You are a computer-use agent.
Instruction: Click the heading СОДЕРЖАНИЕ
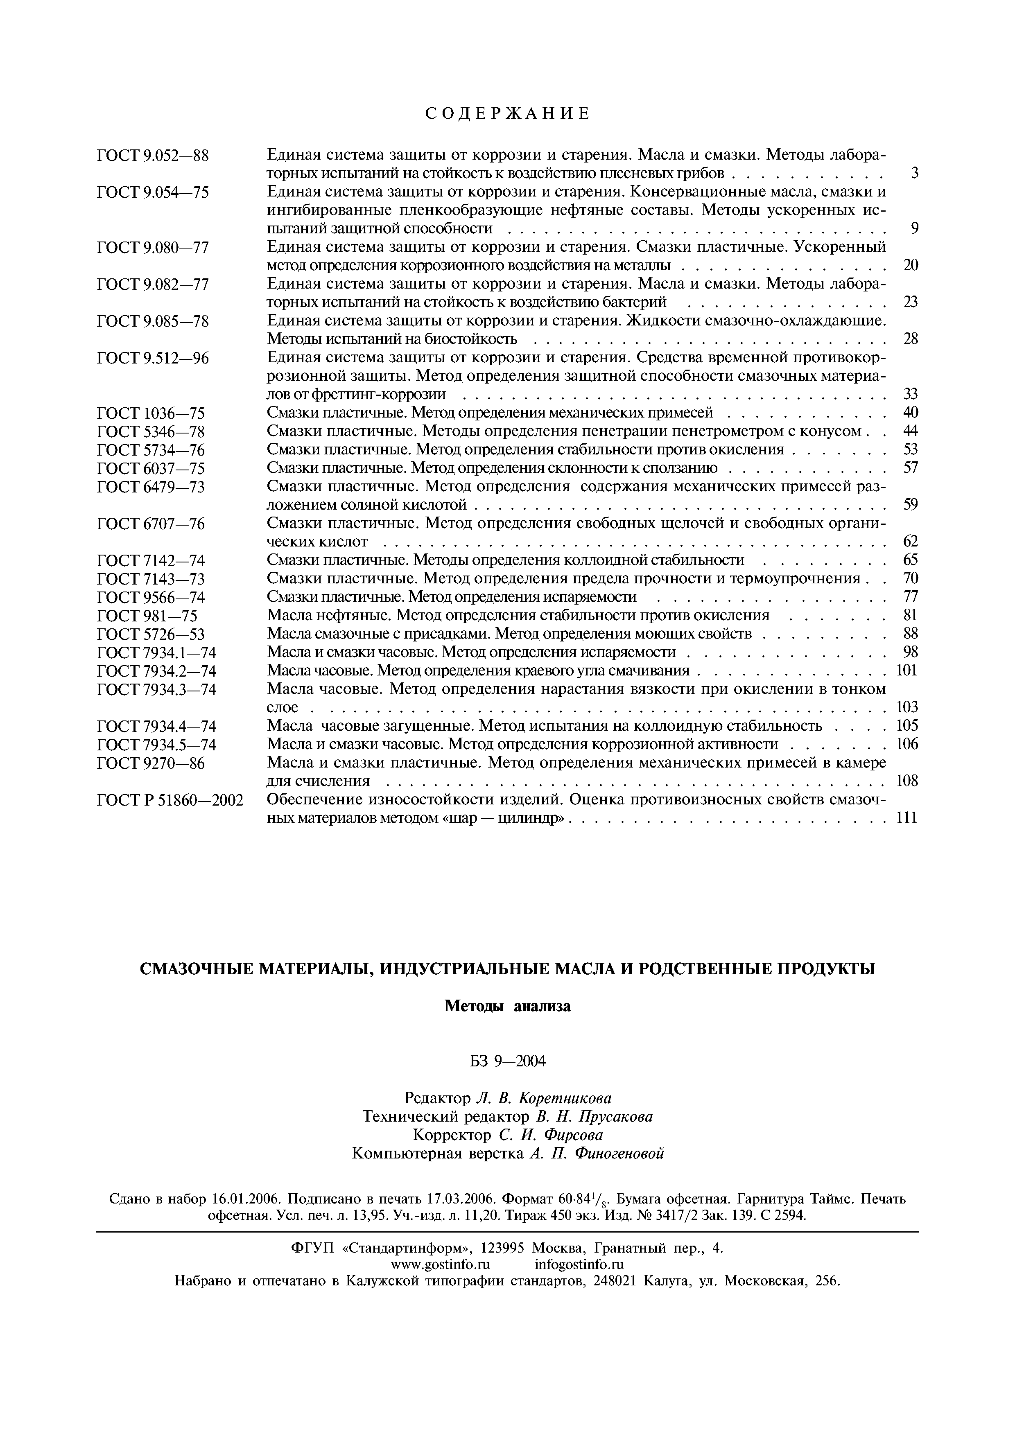click(x=507, y=113)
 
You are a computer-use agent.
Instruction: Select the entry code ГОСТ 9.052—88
click(x=153, y=155)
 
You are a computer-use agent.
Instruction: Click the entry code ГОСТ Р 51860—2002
click(x=170, y=800)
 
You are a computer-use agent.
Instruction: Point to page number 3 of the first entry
click(x=914, y=173)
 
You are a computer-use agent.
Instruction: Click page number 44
click(x=911, y=431)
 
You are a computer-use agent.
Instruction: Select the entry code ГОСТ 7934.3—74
click(x=157, y=689)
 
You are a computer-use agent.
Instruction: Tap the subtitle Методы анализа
click(x=507, y=1006)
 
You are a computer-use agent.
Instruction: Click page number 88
click(x=911, y=634)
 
